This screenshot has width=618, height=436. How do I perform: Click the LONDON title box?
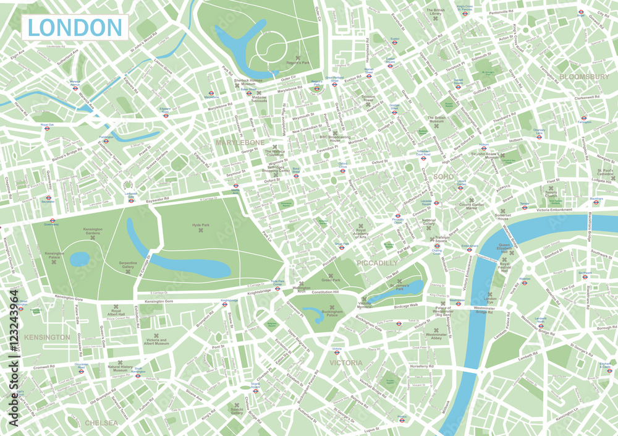pyautogui.click(x=75, y=27)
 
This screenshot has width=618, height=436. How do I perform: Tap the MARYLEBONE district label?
pyautogui.click(x=240, y=142)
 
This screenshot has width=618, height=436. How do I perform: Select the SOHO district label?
pyautogui.click(x=443, y=177)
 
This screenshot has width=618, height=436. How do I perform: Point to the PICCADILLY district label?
pyautogui.click(x=378, y=263)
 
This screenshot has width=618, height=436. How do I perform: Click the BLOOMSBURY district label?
pyautogui.click(x=584, y=77)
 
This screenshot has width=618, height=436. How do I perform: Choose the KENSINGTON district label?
pyautogui.click(x=47, y=337)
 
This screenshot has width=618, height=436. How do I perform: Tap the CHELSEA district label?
pyautogui.click(x=101, y=423)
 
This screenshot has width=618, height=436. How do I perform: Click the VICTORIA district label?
pyautogui.click(x=345, y=363)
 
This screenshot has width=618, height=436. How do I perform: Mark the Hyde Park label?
pyautogui.click(x=201, y=225)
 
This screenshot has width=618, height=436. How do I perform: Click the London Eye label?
pyautogui.click(x=490, y=301)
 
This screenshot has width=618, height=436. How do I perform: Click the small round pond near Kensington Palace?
pyautogui.click(x=80, y=260)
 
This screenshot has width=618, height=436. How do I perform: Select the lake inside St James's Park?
pyautogui.click(x=408, y=288)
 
